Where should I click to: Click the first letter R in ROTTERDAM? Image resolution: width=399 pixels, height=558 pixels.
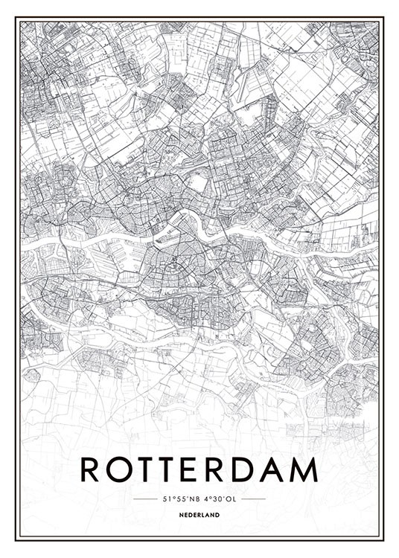click(90, 469)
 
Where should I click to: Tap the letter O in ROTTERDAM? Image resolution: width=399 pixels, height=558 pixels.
click(118, 469)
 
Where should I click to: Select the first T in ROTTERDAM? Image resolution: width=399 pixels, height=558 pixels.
click(146, 469)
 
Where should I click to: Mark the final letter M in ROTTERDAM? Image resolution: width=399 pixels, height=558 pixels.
click(305, 469)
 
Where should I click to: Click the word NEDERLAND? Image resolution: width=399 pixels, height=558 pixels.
click(199, 515)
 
